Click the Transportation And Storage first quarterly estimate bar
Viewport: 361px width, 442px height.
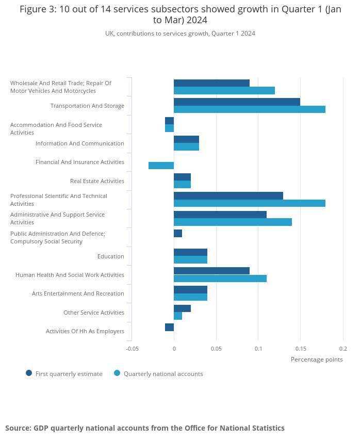point(237,102)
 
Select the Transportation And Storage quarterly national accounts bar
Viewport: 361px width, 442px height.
point(250,109)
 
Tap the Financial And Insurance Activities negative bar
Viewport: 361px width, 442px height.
point(161,166)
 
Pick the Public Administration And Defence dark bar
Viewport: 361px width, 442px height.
point(178,234)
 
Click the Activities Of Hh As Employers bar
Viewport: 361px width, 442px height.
point(169,327)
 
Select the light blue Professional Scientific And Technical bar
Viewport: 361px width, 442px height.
point(250,203)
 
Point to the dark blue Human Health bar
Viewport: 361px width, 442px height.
point(211,271)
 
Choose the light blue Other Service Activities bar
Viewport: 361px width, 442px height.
point(178,316)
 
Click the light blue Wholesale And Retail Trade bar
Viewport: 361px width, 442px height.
point(224,91)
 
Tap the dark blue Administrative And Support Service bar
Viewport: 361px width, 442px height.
point(220,215)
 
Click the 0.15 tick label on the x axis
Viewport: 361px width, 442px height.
point(301,349)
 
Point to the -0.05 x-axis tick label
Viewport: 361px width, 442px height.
point(132,349)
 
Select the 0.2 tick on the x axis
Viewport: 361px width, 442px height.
point(343,349)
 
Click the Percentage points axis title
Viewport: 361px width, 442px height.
point(317,359)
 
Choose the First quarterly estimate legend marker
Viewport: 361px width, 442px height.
point(29,373)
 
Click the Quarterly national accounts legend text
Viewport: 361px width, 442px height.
point(163,374)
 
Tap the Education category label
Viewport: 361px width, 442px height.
point(111,256)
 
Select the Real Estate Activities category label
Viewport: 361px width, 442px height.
point(97,181)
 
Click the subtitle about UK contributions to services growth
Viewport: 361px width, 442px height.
point(180,34)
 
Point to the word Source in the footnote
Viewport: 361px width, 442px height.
point(18,428)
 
